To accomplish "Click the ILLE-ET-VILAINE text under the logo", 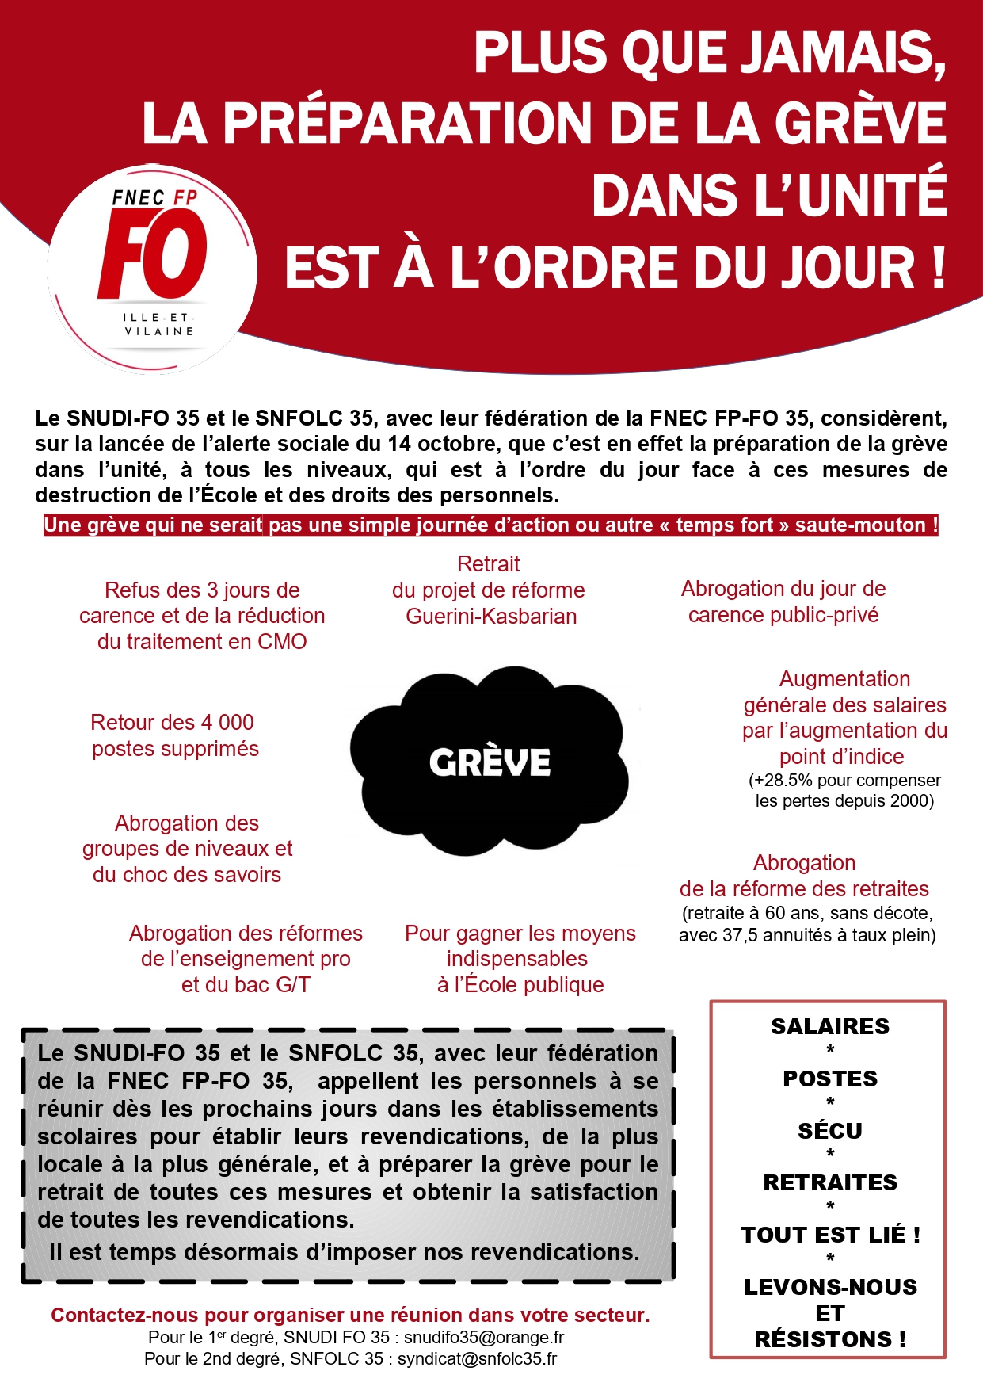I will click(158, 324).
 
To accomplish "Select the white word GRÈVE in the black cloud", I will click(490, 762).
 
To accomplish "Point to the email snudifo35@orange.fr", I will click(483, 1337).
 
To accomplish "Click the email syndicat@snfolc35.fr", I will click(477, 1358).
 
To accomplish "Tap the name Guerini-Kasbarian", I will click(491, 616).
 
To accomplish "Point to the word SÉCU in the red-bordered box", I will click(829, 1130).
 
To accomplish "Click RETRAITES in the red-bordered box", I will click(829, 1182).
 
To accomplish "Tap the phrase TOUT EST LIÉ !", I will click(829, 1235).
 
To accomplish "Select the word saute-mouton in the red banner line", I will click(859, 525).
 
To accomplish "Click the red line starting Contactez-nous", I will click(350, 1315).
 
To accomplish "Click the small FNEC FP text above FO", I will click(154, 197).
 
